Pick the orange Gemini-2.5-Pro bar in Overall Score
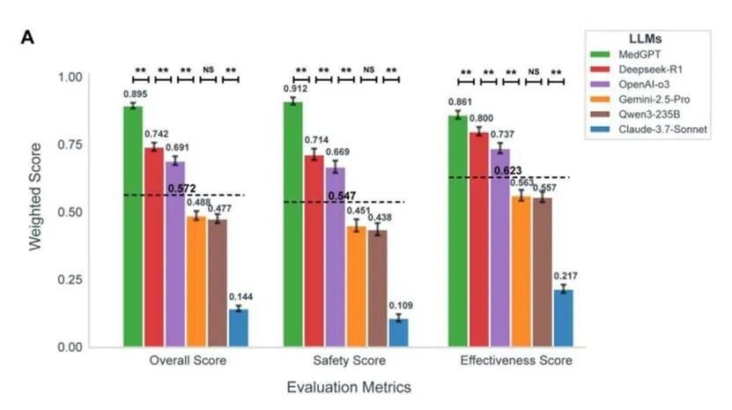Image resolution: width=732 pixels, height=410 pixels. tap(196, 281)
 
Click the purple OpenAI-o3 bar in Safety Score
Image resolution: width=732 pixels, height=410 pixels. tap(336, 257)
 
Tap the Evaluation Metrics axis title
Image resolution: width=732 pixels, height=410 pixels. tap(349, 387)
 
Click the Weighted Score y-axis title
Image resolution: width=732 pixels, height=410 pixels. tap(35, 212)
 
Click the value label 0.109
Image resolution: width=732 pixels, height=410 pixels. tap(400, 305)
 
